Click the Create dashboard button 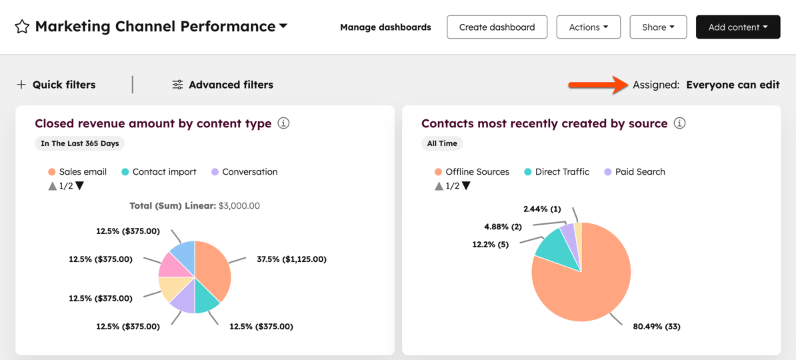497,27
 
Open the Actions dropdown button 588,27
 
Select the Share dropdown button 658,27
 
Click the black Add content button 737,27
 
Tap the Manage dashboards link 385,27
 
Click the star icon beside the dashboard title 22,27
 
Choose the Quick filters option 56,85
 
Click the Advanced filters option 223,85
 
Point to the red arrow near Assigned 597,85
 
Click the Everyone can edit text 732,85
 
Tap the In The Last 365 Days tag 79,143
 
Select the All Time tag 442,143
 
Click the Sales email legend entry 77,172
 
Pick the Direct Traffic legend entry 556,172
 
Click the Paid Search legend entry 634,172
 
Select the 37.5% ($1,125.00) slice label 291,259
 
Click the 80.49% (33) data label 656,327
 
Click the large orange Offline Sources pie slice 587,287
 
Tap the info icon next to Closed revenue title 283,123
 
